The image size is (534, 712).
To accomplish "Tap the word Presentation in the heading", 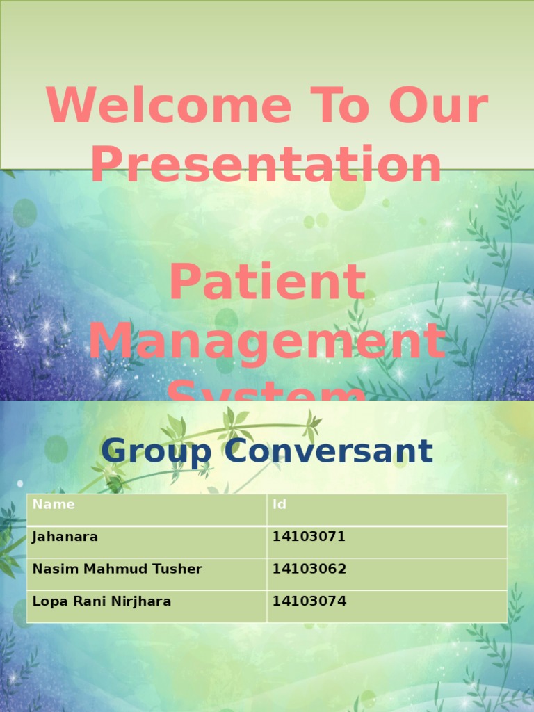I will [266, 165].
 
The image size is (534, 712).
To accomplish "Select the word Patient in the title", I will [267, 282].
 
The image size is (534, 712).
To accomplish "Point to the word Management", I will [267, 342].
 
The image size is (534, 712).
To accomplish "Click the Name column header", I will [54, 505].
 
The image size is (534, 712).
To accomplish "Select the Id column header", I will [279, 505].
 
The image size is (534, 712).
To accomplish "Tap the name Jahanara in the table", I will [65, 537].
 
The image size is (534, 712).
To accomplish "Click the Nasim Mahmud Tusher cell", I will [117, 569].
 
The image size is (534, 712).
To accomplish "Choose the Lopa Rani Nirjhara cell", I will [102, 601].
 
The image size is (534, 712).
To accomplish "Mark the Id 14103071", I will [309, 537].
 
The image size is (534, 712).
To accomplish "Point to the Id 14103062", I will [309, 569].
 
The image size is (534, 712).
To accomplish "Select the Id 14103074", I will [309, 601].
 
